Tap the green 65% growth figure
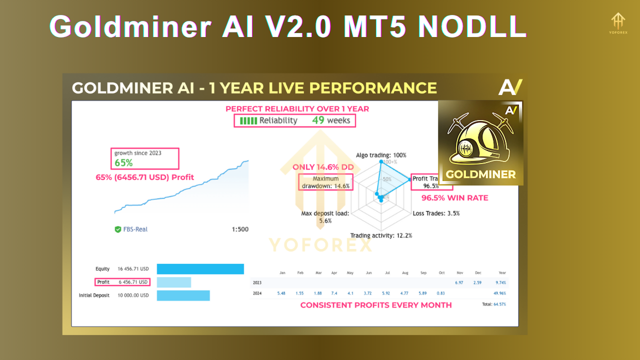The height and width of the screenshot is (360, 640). pos(123,162)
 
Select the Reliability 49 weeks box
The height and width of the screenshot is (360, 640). pos(295,120)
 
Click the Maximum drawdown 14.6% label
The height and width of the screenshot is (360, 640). pos(325,182)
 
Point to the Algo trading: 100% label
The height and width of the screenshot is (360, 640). pos(381,155)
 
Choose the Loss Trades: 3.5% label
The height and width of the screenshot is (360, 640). pos(436,213)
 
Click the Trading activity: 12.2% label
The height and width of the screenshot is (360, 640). pos(381,235)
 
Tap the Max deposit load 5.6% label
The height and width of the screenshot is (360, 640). pos(325,217)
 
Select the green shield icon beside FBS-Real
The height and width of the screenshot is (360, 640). pos(118,229)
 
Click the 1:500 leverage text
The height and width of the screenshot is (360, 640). pos(240,229)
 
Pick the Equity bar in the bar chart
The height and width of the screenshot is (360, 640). pos(200,269)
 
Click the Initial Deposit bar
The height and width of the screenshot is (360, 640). pos(183,295)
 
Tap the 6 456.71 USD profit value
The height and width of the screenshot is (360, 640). pos(133,282)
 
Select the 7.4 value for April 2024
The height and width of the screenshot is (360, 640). pos(334,293)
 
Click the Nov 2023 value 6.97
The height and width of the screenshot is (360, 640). pos(459,283)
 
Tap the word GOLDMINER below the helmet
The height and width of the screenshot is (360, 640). pos(480,174)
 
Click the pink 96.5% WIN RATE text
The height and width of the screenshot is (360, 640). pos(454,198)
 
